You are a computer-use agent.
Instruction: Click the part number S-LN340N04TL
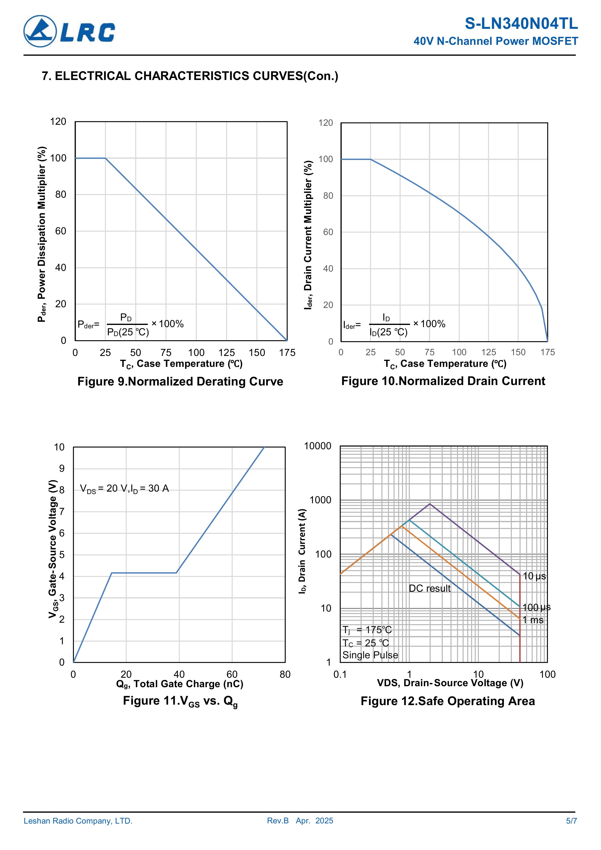pyautogui.click(x=521, y=24)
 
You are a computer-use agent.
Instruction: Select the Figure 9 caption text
pyautogui.click(x=180, y=381)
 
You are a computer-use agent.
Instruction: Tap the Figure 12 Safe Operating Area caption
pyautogui.click(x=447, y=701)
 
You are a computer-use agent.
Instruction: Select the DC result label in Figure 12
pyautogui.click(x=430, y=588)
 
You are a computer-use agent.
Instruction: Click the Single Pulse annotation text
pyautogui.click(x=370, y=655)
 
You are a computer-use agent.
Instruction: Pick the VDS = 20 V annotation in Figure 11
pyautogui.click(x=124, y=489)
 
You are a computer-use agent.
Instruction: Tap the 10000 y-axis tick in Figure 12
pyautogui.click(x=318, y=446)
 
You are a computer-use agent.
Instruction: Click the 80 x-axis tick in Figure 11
pyautogui.click(x=285, y=675)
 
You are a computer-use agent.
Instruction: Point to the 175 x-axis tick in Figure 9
pyautogui.click(x=287, y=353)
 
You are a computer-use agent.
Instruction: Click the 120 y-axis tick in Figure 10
pyautogui.click(x=326, y=123)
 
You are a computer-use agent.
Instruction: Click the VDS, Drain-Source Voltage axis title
pyautogui.click(x=450, y=683)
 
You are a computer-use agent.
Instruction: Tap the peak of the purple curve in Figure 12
pyautogui.click(x=430, y=504)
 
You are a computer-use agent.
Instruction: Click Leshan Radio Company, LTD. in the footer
pyautogui.click(x=78, y=821)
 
